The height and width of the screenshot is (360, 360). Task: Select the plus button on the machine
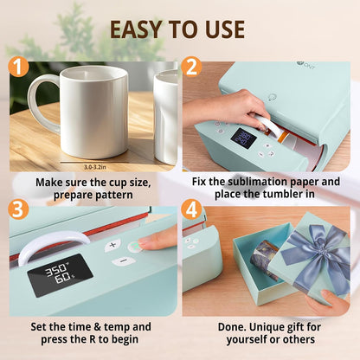click(112, 246)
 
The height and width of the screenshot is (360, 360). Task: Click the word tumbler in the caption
click(264, 196)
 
